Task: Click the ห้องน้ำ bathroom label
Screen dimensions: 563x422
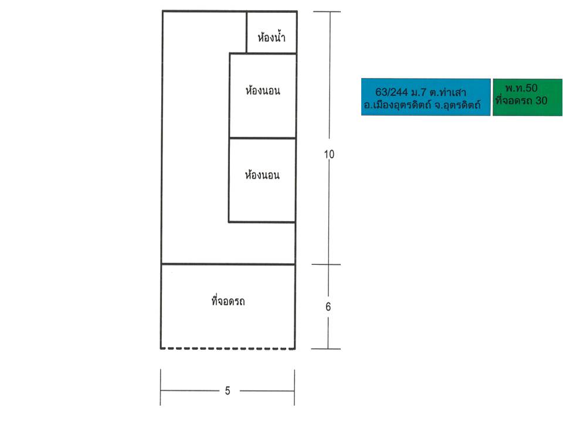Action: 272,37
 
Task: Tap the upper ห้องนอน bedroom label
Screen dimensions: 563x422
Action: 263,90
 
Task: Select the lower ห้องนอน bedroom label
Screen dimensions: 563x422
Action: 262,175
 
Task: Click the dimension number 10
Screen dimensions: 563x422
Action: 329,154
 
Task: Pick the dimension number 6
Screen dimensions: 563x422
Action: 328,307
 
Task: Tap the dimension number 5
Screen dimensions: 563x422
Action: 228,391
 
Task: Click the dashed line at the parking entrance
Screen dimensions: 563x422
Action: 228,348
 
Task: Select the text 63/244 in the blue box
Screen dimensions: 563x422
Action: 391,92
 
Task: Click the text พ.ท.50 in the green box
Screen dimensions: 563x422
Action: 521,88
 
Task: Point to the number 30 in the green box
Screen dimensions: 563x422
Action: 541,100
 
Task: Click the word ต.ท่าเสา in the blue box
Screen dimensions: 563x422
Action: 448,92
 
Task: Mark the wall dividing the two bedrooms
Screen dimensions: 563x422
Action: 263,138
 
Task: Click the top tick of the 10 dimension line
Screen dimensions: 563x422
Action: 327,12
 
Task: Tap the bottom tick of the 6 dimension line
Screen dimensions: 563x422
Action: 325,348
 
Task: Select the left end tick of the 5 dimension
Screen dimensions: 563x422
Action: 161,387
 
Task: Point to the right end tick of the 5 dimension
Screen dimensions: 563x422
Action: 294,387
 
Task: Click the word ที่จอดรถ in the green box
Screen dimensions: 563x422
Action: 514,100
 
